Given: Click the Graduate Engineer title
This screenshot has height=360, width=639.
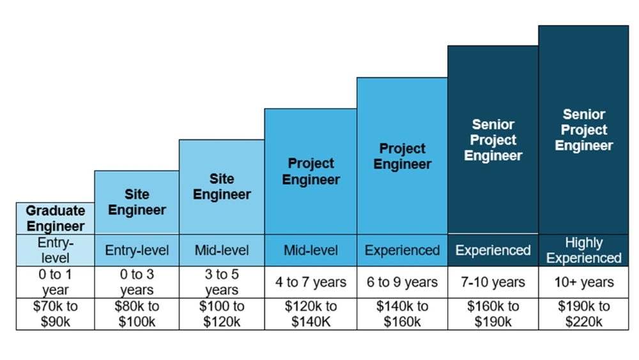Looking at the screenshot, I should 56,219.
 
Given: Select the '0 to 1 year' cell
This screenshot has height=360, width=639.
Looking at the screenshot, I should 56,282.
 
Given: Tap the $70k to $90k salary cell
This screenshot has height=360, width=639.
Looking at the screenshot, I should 56,314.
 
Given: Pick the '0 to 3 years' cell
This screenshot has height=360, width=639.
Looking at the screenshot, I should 137,282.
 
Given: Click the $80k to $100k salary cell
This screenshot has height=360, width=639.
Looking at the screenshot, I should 137,314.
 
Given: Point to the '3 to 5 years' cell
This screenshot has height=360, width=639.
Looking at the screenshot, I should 222,282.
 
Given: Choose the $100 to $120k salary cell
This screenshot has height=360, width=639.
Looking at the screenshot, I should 222,314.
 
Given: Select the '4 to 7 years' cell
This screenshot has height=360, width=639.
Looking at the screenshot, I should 311,282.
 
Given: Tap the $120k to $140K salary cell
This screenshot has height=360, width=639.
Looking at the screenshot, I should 311,314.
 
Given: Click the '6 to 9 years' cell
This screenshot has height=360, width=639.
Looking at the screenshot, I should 402,282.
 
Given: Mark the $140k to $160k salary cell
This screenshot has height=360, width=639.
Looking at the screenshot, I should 402,314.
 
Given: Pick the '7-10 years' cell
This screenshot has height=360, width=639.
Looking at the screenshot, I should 493,282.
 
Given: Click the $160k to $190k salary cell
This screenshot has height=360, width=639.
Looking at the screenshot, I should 493,314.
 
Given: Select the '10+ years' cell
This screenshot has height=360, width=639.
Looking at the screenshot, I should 583,282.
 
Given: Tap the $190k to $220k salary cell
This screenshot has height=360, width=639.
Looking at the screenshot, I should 583,314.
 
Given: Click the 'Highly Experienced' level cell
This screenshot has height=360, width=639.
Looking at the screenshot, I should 583,251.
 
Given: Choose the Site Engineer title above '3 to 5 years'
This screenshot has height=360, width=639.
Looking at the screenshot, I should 222,187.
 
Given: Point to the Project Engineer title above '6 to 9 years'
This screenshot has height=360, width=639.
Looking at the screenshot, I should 402,157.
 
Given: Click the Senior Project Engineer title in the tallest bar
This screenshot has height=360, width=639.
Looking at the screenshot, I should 583,130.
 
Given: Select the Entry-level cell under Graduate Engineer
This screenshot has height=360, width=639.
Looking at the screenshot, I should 56,251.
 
